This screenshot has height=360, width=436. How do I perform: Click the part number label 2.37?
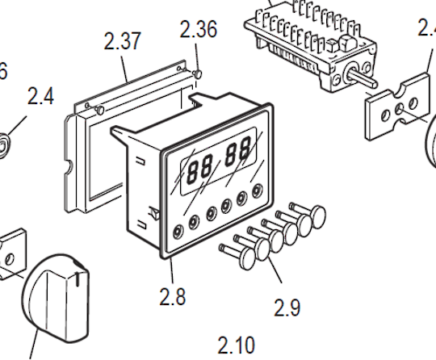(x=123, y=42)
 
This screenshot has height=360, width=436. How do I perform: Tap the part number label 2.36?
(x=198, y=31)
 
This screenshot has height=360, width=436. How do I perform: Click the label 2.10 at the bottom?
(x=236, y=345)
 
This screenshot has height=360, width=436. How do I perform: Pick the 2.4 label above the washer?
(x=40, y=97)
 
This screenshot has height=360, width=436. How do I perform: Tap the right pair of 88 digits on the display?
(x=238, y=153)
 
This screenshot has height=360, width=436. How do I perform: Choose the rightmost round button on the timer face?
(x=258, y=192)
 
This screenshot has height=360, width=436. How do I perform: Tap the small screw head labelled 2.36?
(x=196, y=74)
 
